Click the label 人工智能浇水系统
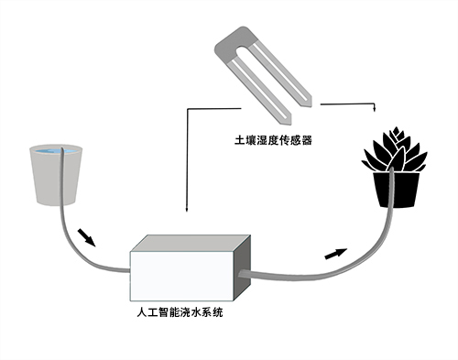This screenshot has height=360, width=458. (x=179, y=312)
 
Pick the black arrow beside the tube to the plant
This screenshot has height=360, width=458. (x=338, y=252)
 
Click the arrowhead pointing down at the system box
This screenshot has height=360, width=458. (x=186, y=213)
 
